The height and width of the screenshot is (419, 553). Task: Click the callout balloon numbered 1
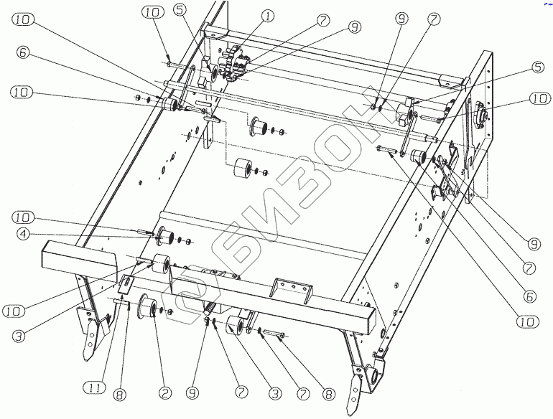(x=267, y=15)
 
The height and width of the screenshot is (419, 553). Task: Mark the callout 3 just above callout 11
(x=21, y=335)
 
